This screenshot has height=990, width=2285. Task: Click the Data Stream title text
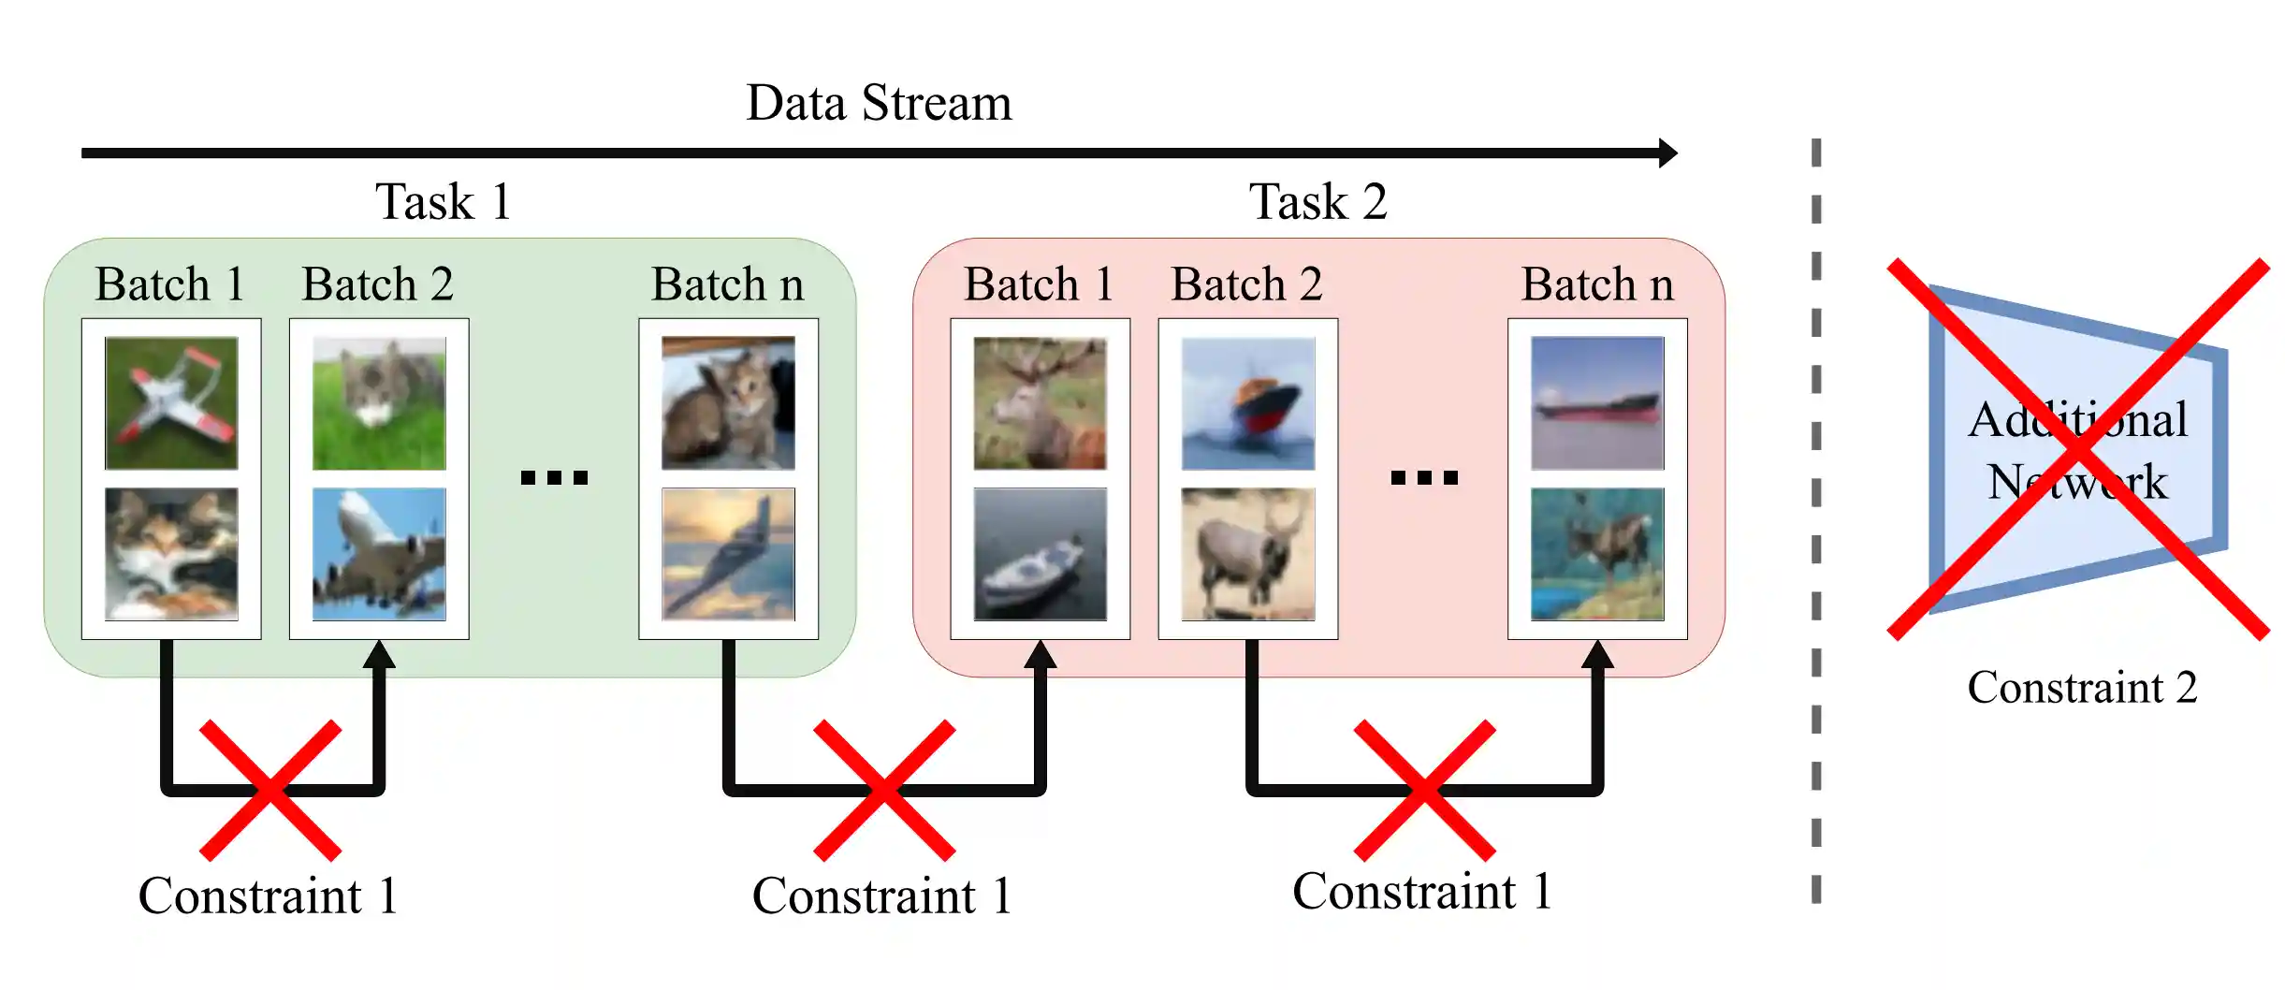tap(879, 103)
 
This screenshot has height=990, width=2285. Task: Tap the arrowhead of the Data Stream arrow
tap(1667, 153)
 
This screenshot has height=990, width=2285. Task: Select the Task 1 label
tap(444, 201)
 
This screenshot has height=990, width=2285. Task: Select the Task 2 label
tap(1317, 201)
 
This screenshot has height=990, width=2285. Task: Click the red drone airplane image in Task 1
tap(171, 403)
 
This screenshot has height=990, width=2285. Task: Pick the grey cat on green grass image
tap(379, 403)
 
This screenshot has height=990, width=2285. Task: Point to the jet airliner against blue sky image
tap(379, 554)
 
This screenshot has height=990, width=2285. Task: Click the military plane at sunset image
tap(728, 554)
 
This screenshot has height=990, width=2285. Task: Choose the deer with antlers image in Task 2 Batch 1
tap(1040, 403)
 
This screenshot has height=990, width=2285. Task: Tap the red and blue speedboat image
tap(1247, 403)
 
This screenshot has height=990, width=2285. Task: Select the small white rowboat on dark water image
tap(1040, 554)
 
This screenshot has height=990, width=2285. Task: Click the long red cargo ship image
tap(1597, 403)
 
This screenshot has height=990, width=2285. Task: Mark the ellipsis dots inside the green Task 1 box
tap(554, 478)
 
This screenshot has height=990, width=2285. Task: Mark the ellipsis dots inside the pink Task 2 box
tap(1424, 478)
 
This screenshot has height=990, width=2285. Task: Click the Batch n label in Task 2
tap(1597, 284)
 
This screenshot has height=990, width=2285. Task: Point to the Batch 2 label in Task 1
tap(377, 284)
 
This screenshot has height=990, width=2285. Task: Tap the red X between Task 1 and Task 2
tap(884, 791)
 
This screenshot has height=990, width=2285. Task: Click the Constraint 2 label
tap(2082, 688)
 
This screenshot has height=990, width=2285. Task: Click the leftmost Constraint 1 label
tap(269, 895)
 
